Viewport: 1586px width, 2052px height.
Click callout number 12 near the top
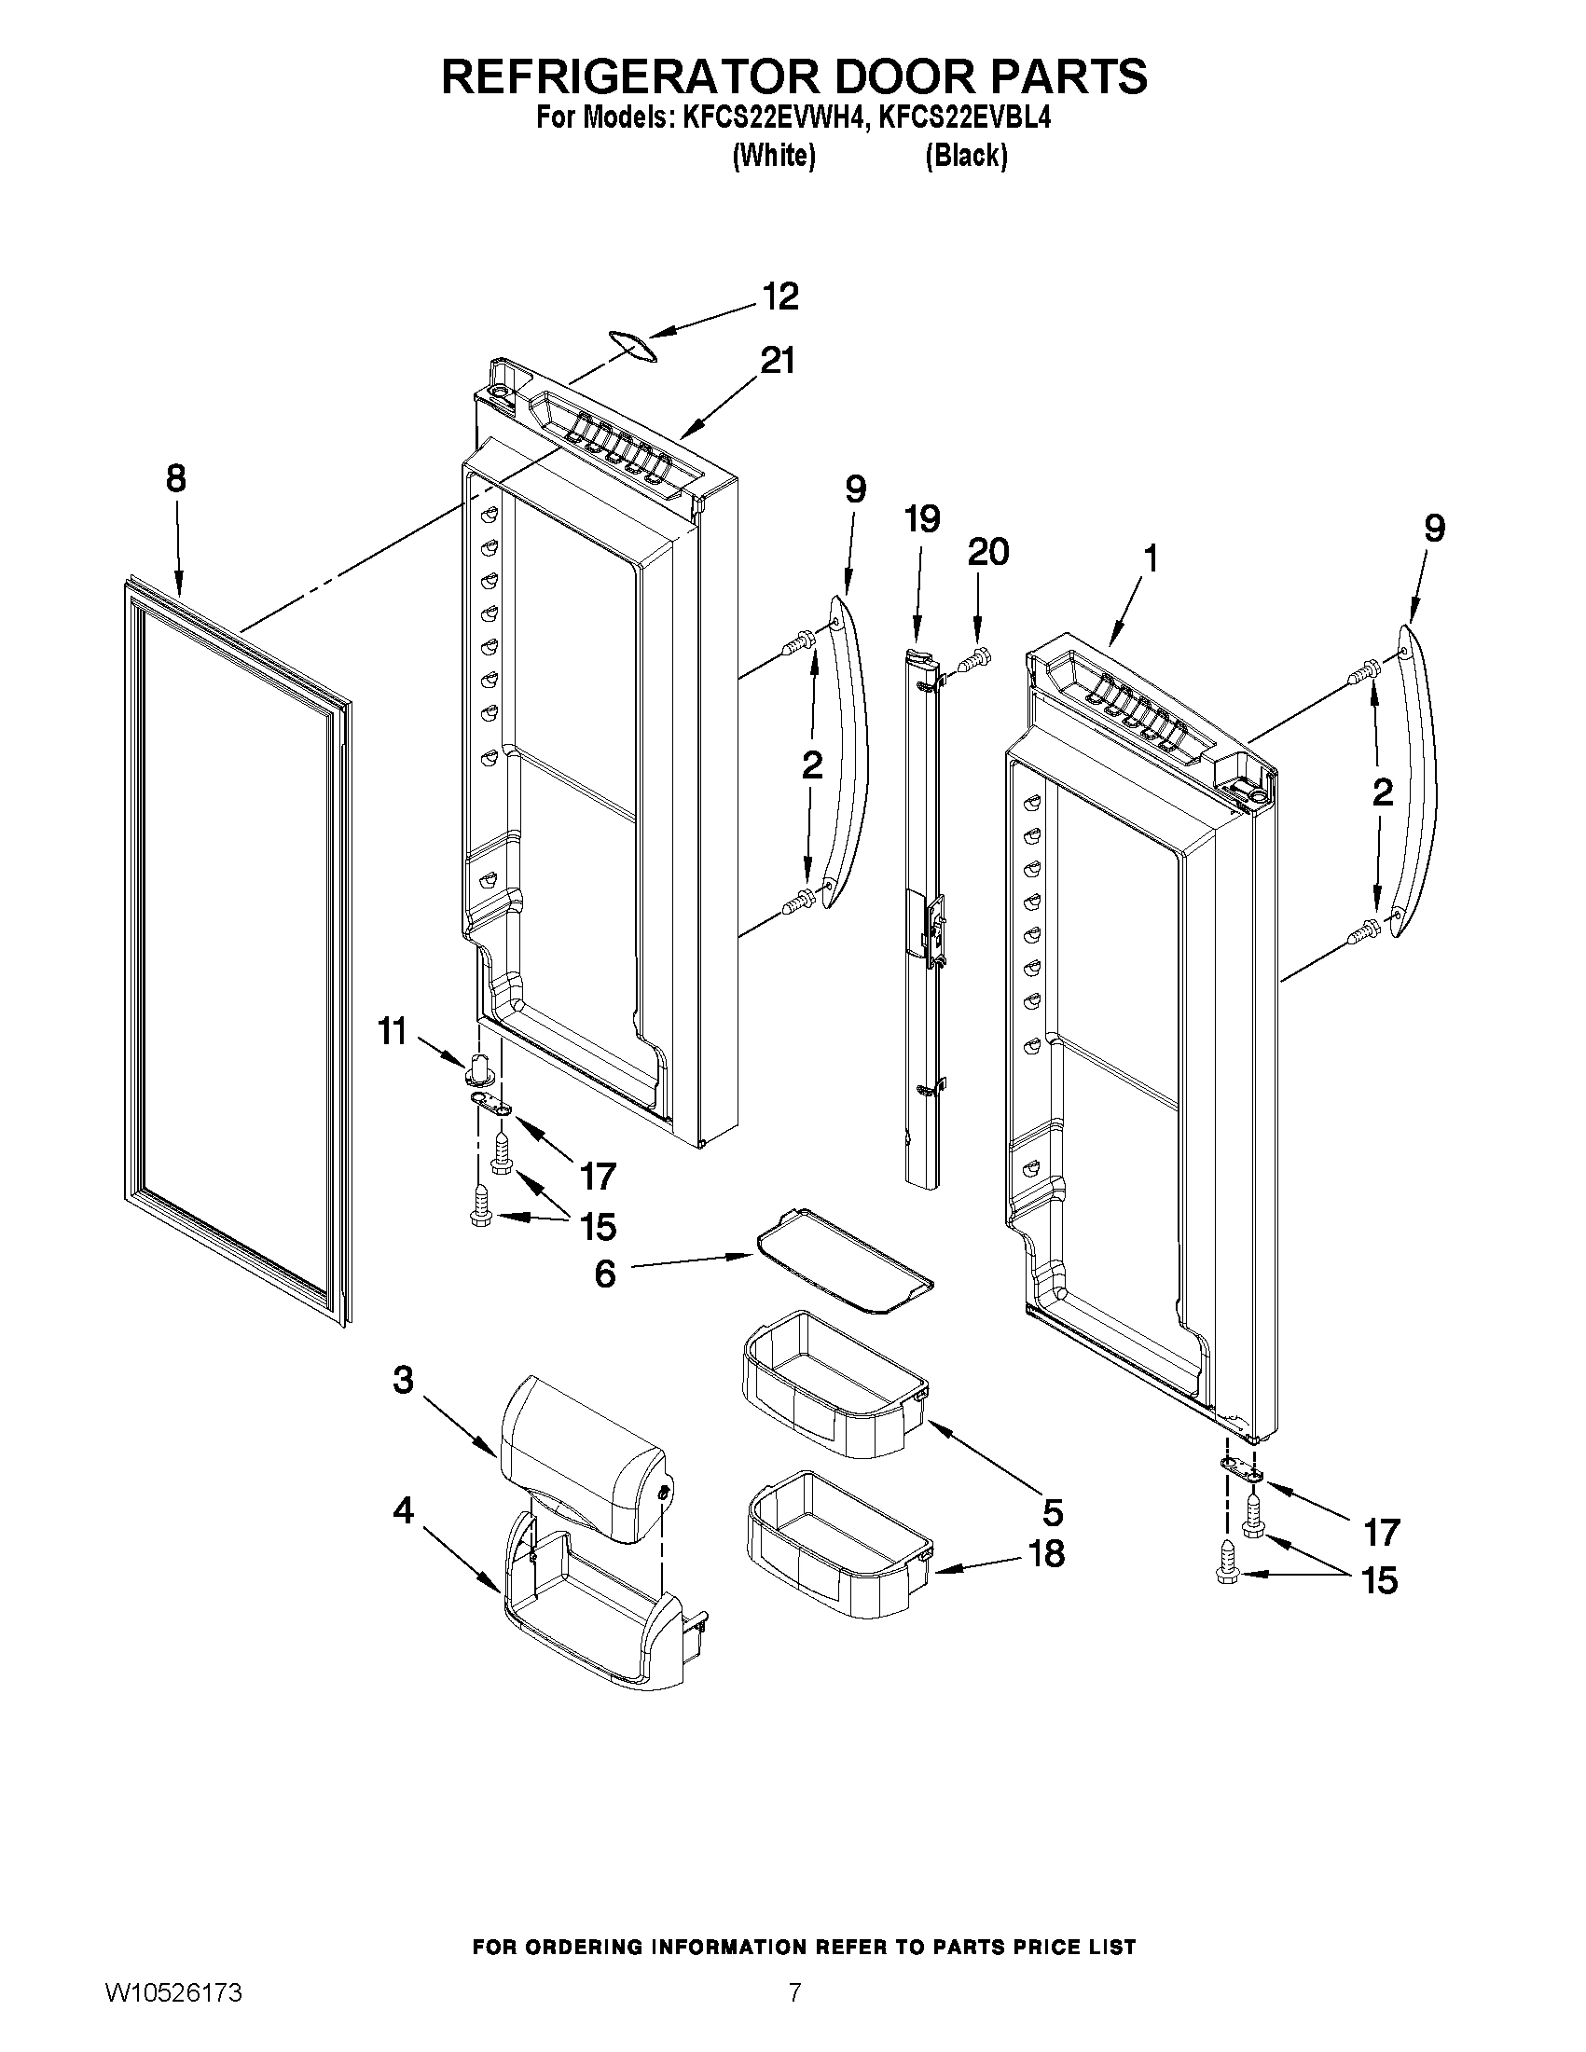tap(779, 296)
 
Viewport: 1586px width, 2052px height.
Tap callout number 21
tap(777, 360)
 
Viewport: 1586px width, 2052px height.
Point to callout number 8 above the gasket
tap(175, 479)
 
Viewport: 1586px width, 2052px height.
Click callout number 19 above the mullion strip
tap(922, 518)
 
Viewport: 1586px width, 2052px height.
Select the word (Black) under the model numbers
tap(966, 155)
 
